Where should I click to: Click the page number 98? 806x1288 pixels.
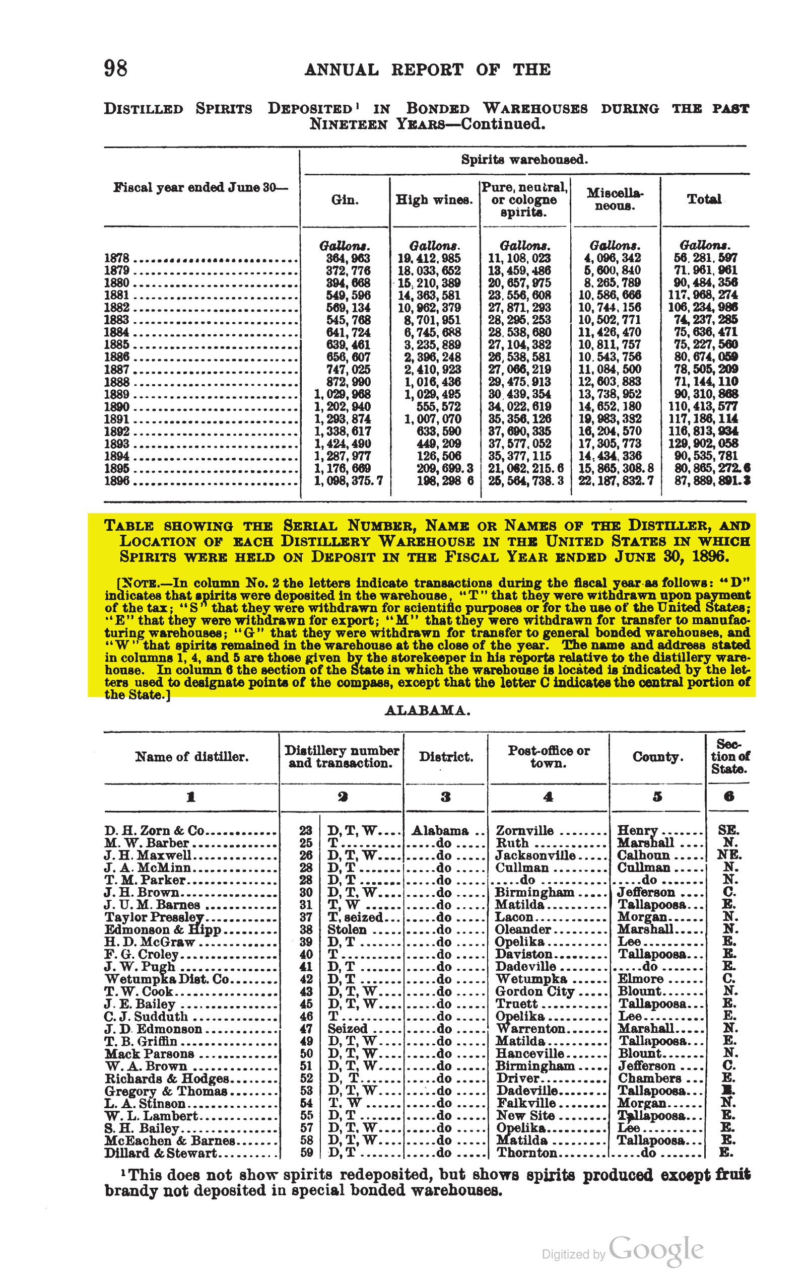click(116, 68)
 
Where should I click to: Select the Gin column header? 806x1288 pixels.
click(345, 200)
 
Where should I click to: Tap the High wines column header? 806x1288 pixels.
click(434, 200)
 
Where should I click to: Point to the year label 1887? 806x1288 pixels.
click(117, 370)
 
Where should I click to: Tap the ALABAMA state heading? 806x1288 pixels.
click(428, 710)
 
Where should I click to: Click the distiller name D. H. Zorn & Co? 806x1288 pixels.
click(155, 830)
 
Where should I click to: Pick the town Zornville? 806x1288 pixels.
click(525, 830)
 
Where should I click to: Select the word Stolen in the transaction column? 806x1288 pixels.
click(347, 929)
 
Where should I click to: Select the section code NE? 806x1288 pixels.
click(729, 855)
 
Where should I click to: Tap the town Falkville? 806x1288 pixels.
click(526, 1103)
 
